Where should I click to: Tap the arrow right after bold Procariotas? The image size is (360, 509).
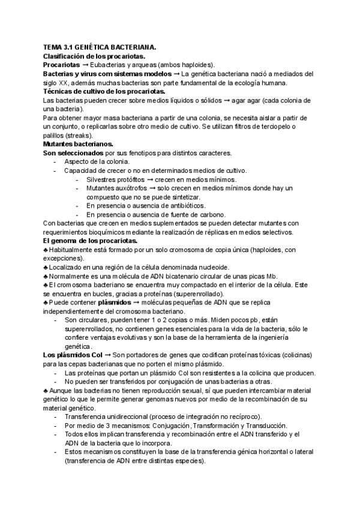[85, 65]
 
